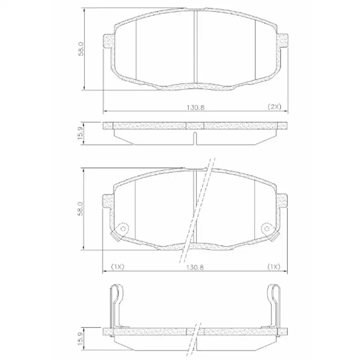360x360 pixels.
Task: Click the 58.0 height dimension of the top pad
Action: pos(81,49)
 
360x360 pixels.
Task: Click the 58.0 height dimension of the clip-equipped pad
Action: pos(81,208)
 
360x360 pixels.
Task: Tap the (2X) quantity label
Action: pos(274,107)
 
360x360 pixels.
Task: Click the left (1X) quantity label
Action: pos(117,266)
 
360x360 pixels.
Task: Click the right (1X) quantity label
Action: pos(274,266)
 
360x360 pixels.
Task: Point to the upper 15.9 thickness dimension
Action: pos(81,134)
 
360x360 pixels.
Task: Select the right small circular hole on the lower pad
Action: pos(267,228)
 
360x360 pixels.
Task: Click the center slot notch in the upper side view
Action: pos(194,138)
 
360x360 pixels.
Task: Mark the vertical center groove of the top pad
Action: pos(194,47)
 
